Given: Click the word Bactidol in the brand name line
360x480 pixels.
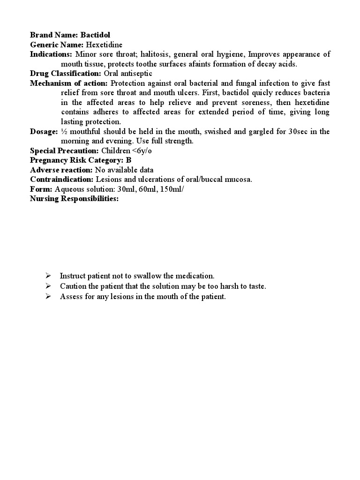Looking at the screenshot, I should coord(96,35).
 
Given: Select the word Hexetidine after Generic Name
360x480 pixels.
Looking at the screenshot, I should coord(104,45).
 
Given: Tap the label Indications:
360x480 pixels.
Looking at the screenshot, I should coord(50,54).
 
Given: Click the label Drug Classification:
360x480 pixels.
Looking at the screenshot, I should coord(66,74).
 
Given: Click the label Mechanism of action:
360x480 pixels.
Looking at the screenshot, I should coord(69,83).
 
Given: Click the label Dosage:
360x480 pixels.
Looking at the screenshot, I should coord(44,132).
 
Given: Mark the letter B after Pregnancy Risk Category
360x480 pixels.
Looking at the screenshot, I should coord(128,160).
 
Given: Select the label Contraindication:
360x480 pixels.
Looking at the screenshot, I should coord(62,179).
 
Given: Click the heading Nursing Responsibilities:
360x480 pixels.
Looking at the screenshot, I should coord(74,199).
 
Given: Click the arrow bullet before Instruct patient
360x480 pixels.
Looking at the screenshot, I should coord(48,276).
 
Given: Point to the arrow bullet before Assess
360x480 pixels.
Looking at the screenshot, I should coord(48,296).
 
